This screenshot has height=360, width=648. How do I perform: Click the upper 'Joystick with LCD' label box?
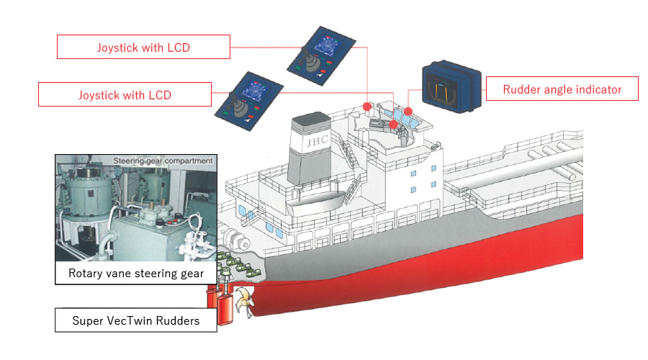click(143, 47)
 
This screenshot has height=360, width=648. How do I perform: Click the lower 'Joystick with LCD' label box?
click(125, 94)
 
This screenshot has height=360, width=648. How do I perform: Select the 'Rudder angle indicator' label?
click(562, 89)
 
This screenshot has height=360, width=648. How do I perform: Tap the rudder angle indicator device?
click(451, 86)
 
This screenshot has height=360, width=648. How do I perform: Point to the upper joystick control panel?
click(321, 55)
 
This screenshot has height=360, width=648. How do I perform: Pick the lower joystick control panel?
click(249, 102)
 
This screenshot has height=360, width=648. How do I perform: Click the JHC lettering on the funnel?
click(318, 141)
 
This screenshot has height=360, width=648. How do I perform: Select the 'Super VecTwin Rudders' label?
click(136, 320)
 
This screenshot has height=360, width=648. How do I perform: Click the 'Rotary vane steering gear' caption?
click(136, 273)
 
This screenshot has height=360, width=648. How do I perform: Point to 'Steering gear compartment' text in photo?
click(163, 161)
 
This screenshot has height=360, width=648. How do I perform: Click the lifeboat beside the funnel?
click(315, 202)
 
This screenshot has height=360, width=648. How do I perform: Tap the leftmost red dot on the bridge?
click(367, 107)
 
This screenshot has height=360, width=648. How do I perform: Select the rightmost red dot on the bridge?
click(408, 111)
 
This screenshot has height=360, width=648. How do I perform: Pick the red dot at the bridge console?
click(393, 124)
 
